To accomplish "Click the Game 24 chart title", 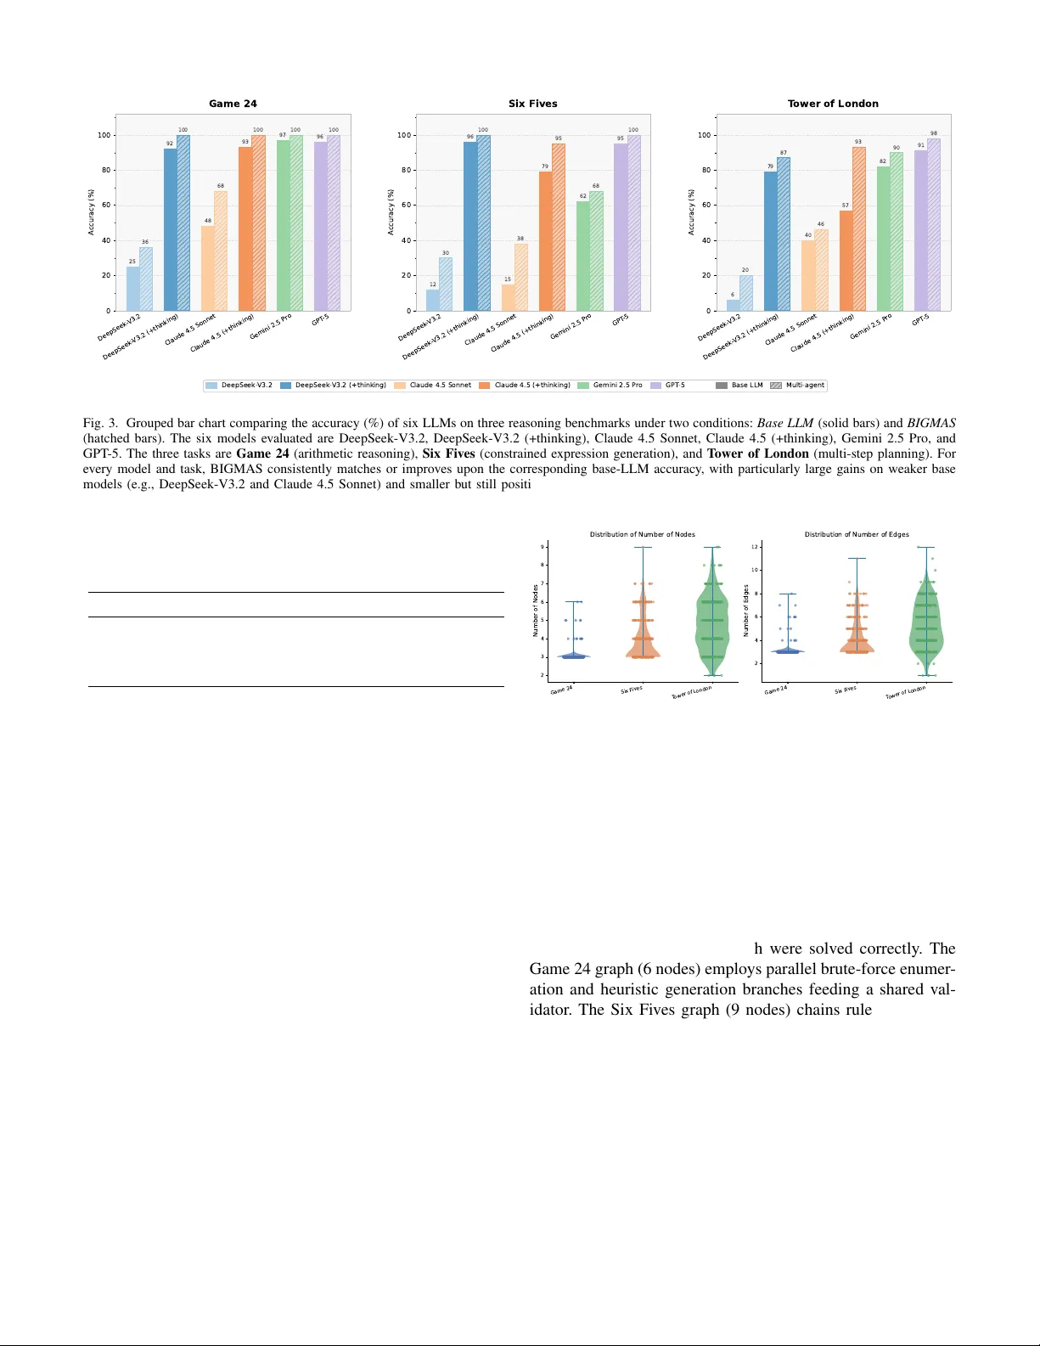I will [x=233, y=104].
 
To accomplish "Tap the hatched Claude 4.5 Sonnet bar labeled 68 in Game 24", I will [x=221, y=251].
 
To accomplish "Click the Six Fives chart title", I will [x=532, y=104].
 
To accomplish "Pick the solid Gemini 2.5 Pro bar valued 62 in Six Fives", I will [x=582, y=256].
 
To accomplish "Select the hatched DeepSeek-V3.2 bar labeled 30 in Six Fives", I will [x=446, y=284].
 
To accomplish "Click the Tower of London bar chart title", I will [x=833, y=104].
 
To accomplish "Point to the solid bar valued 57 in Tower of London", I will [x=846, y=261].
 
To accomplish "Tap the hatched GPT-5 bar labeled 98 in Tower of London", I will [x=934, y=225].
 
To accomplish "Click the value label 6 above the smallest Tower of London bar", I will [x=733, y=295].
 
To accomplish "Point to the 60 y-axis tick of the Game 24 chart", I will [x=105, y=206].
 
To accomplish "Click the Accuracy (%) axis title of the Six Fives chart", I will [x=391, y=212].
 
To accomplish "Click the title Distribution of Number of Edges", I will [x=857, y=534].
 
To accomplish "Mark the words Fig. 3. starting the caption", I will [x=100, y=423].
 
